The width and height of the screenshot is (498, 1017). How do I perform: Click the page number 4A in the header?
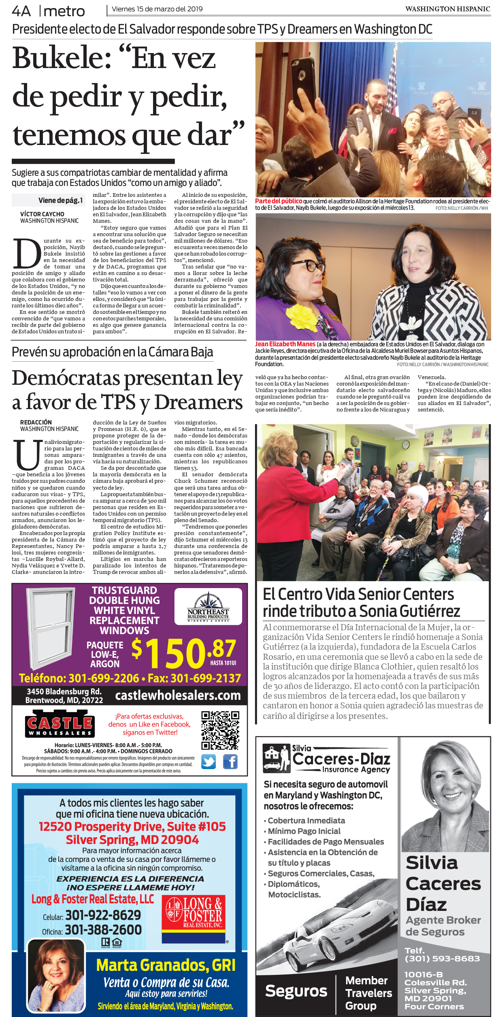tap(21, 11)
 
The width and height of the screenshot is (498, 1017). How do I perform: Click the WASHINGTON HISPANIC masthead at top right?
tap(447, 9)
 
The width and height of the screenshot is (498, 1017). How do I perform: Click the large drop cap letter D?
tap(27, 254)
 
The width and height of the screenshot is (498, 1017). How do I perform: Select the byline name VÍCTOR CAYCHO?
tap(42, 214)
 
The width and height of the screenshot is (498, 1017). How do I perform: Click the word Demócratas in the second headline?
tap(66, 378)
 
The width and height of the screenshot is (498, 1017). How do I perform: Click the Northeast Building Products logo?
tap(208, 607)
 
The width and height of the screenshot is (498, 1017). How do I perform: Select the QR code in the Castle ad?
tap(220, 730)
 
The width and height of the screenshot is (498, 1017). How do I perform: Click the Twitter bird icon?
tap(209, 762)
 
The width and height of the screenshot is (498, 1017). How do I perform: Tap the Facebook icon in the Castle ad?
tap(230, 762)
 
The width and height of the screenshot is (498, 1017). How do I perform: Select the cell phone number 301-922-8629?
tap(103, 915)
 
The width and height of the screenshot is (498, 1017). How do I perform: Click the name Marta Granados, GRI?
tap(166, 966)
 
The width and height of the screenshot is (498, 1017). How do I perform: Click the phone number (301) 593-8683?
tap(442, 958)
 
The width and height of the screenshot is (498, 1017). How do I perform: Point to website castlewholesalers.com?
tap(178, 695)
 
